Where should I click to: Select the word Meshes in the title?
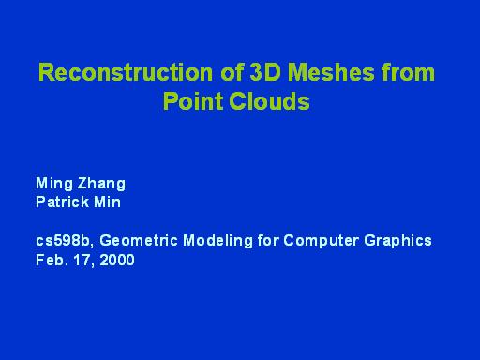312,74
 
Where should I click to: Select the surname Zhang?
101,184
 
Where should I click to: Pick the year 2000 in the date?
114,260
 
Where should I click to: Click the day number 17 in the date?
81,260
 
